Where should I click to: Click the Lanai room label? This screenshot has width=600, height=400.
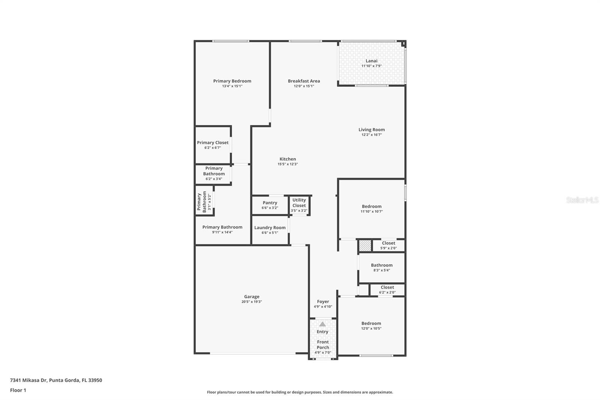tap(372, 61)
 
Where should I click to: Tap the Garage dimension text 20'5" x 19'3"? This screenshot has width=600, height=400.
tap(252, 302)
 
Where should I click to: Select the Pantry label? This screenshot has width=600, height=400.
tap(270, 203)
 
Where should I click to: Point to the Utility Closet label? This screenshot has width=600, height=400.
tap(299, 203)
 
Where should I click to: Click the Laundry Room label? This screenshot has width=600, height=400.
tap(270, 228)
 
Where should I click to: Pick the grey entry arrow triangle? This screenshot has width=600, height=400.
tap(322, 324)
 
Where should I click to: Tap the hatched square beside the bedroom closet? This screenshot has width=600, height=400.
tap(365, 245)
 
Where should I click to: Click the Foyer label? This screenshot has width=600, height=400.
tap(323, 302)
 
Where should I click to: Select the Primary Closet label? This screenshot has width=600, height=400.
tap(213, 143)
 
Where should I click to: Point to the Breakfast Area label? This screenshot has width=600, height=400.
tap(304, 81)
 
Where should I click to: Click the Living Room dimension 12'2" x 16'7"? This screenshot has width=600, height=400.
tap(372, 135)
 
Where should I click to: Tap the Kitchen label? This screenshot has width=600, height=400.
tap(288, 159)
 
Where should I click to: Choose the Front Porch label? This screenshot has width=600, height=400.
tap(323, 344)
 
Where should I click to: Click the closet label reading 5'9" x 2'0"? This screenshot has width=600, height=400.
tap(388, 248)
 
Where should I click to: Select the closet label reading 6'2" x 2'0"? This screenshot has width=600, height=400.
tap(387, 292)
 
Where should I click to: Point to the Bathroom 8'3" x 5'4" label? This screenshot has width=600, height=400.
tap(382, 265)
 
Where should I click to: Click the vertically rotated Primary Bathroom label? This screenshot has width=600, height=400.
tap(202, 202)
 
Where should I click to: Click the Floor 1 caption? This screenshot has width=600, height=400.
tap(18, 390)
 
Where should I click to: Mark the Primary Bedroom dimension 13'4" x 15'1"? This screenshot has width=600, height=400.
tap(232, 86)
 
